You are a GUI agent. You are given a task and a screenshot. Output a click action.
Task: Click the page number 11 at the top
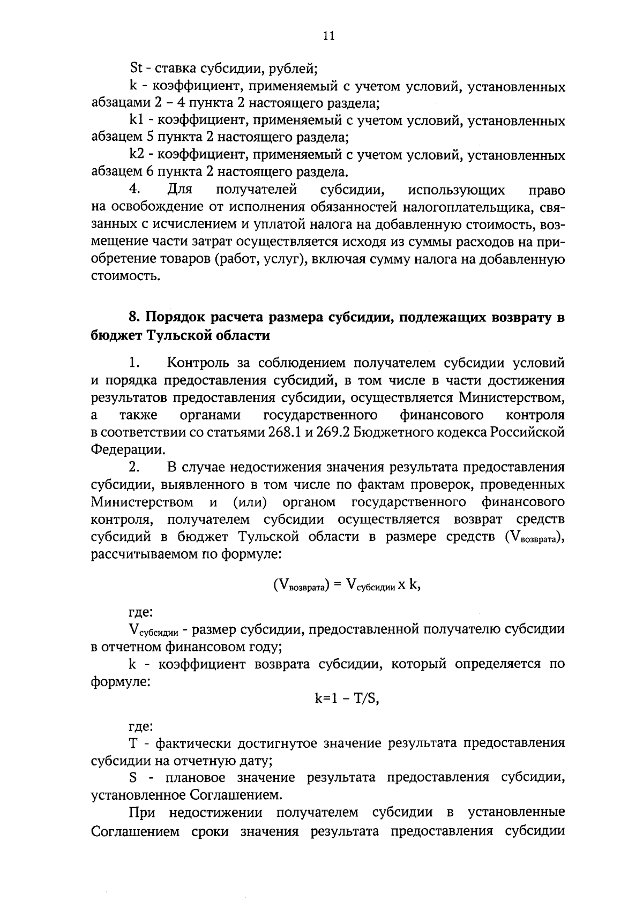tap(329, 36)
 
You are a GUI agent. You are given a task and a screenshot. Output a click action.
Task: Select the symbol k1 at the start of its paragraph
tap(136, 121)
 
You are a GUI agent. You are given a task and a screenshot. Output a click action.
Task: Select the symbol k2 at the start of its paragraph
tap(136, 155)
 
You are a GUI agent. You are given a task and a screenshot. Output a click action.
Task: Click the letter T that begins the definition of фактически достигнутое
tap(133, 743)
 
